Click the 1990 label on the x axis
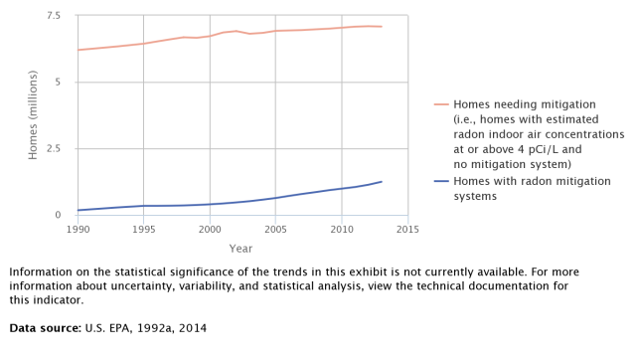point(78,230)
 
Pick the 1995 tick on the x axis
point(144,230)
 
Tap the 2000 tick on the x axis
point(210,230)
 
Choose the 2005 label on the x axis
point(275,230)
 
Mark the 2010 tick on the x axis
point(342,230)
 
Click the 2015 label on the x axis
point(407,230)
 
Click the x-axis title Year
point(240,248)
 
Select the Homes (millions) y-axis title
point(33,115)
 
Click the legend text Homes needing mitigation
point(525,103)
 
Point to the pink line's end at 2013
point(382,27)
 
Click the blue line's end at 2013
point(382,182)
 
